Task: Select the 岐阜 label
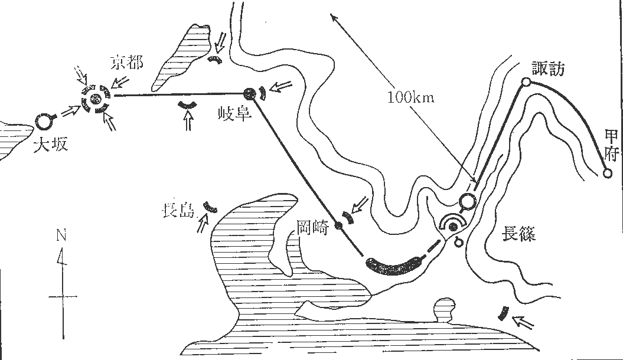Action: tap(235, 114)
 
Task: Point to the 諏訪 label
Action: tap(548, 69)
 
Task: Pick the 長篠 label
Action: tap(518, 235)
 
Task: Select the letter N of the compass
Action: tap(61, 235)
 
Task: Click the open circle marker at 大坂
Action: tap(43, 121)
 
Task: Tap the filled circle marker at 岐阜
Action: tap(249, 93)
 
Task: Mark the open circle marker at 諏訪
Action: tap(524, 83)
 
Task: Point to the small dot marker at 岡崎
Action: tap(338, 225)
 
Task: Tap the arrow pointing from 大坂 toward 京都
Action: tap(71, 112)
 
